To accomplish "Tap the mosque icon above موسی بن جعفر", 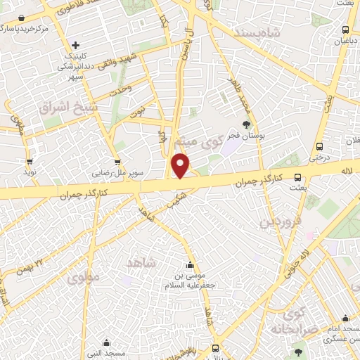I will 188,266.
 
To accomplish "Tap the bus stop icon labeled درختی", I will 319,147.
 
